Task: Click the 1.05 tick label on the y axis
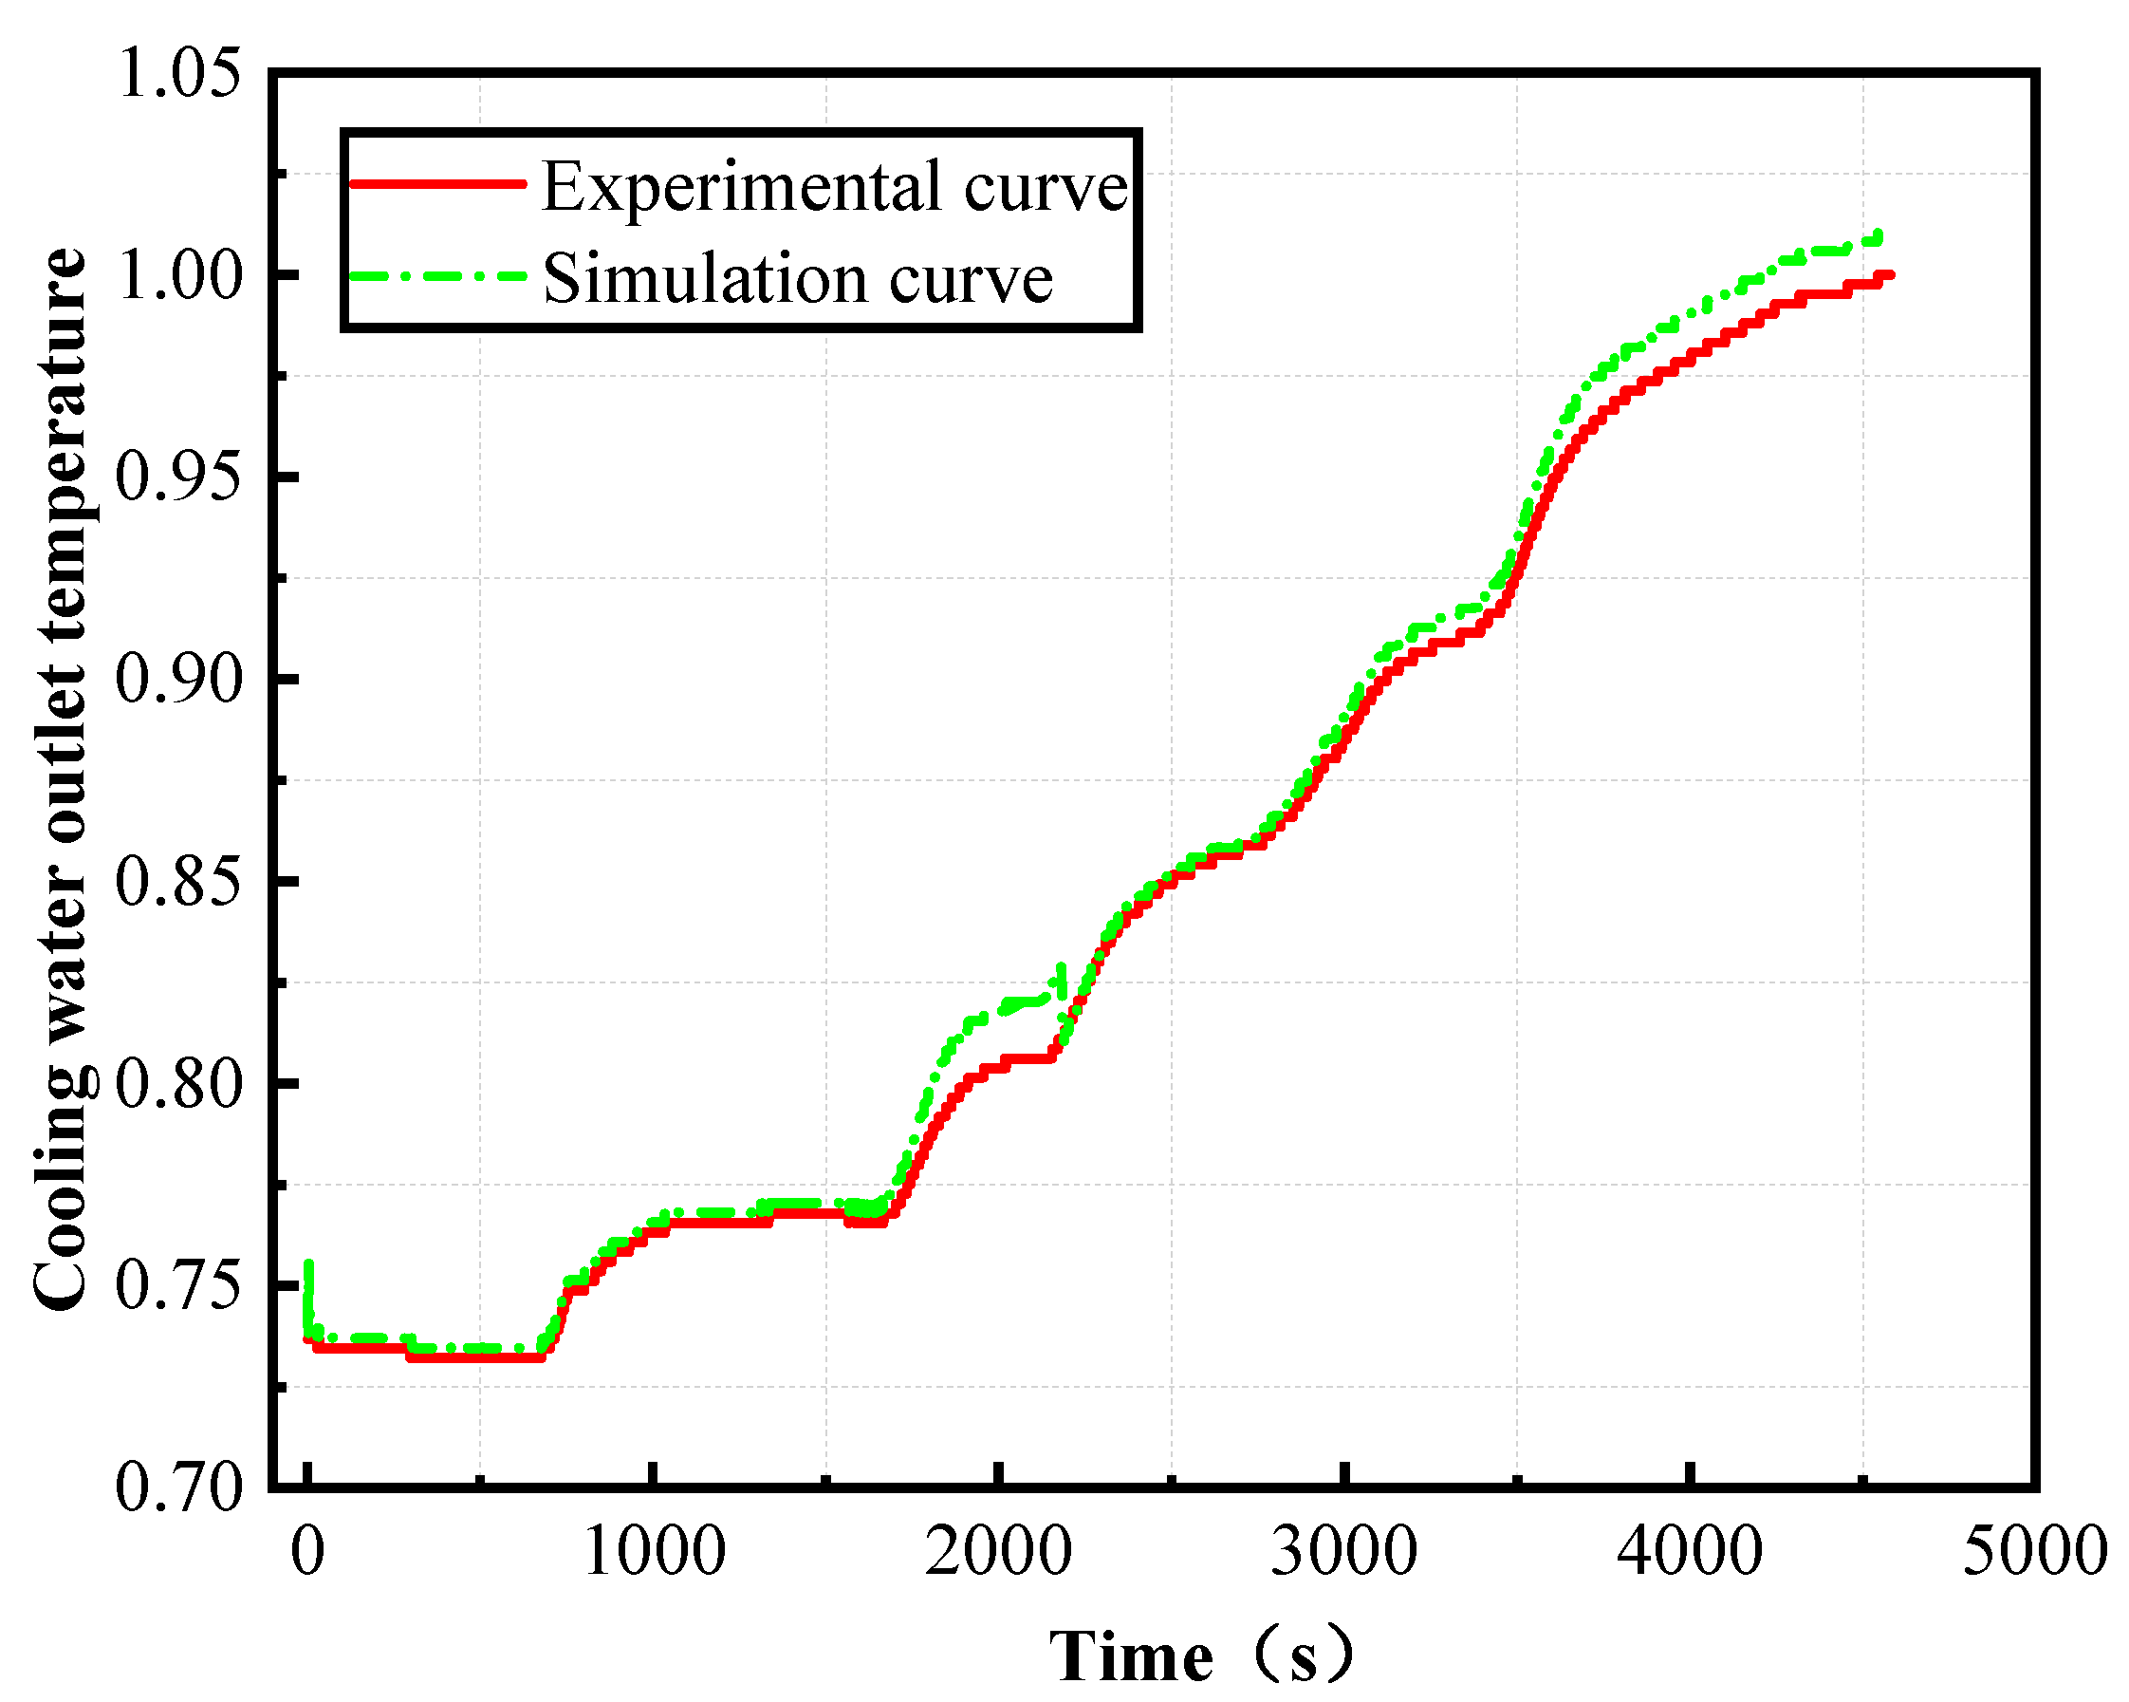[x=178, y=74]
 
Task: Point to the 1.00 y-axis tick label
[x=178, y=276]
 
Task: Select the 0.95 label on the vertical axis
[x=178, y=478]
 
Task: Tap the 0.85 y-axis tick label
[x=178, y=882]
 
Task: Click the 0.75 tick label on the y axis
[x=178, y=1287]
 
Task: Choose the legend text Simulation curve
[x=798, y=277]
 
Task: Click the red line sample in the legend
[x=437, y=184]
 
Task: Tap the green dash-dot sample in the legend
[x=437, y=276]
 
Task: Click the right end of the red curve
[x=1888, y=275]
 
